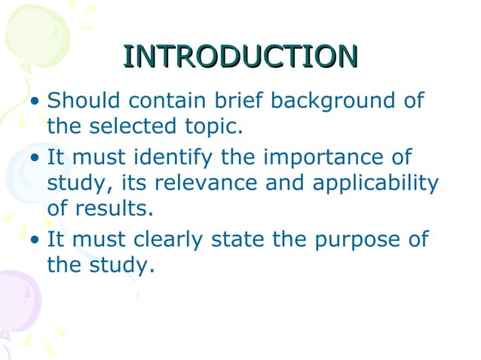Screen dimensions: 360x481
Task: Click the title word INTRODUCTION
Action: pyautogui.click(x=240, y=56)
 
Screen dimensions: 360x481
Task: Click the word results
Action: pyautogui.click(x=110, y=208)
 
